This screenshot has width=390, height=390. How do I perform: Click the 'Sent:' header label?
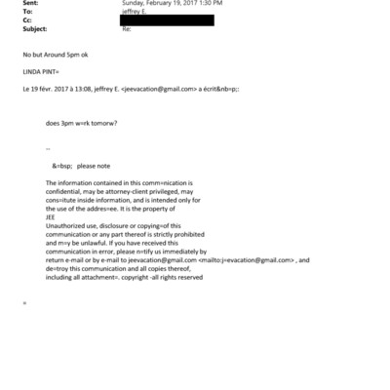point(14,3)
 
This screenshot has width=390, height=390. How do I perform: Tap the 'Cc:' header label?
point(11,21)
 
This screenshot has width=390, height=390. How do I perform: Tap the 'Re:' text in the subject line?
point(127,30)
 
